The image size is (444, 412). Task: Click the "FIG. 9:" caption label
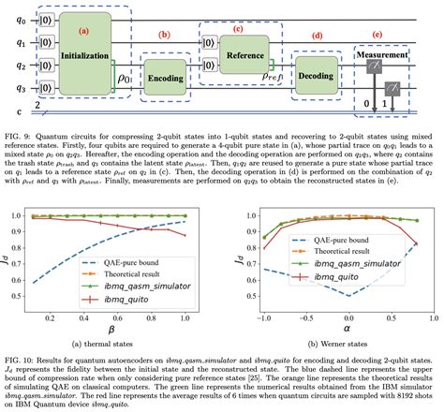tap(19, 135)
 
